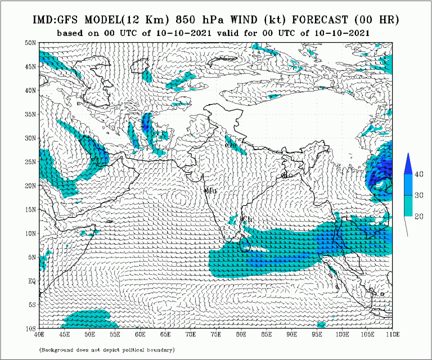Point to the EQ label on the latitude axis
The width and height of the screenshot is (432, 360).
31,281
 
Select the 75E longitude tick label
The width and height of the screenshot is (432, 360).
216,334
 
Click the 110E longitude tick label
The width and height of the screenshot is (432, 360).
392,334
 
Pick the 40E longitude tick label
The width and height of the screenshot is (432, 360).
39,334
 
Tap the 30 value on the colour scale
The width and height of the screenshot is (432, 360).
419,195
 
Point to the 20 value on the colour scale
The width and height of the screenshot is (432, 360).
419,216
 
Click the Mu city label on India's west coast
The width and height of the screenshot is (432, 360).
211,191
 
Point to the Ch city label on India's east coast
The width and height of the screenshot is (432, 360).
246,219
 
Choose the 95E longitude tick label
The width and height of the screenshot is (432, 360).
317,334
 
